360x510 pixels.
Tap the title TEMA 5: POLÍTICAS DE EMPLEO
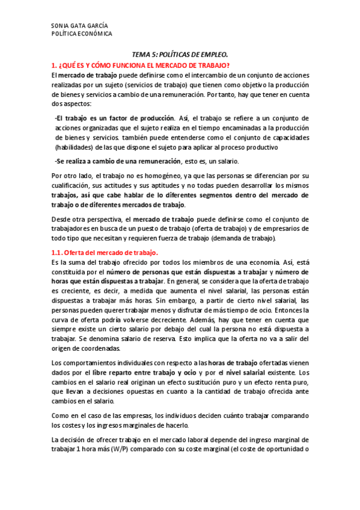point(180,54)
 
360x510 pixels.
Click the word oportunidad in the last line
point(284,449)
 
